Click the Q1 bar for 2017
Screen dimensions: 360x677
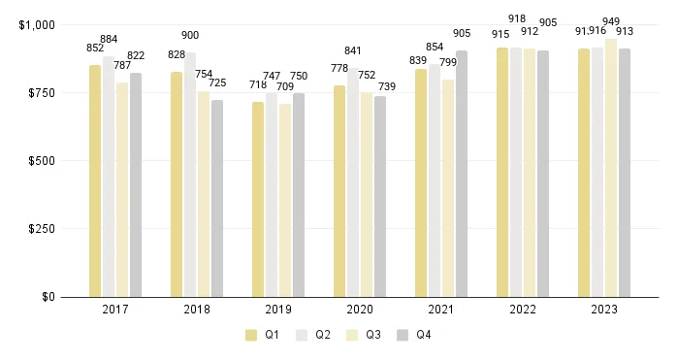pyautogui.click(x=95, y=180)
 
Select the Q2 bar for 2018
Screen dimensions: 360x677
pyautogui.click(x=190, y=175)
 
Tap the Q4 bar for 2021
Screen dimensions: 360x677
pyautogui.click(x=462, y=174)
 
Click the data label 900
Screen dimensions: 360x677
pyautogui.click(x=190, y=35)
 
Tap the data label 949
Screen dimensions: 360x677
pyautogui.click(x=611, y=21)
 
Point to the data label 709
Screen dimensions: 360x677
pyautogui.click(x=285, y=87)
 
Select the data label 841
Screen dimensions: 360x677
pyautogui.click(x=353, y=51)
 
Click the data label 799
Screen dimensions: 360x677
pyautogui.click(x=448, y=63)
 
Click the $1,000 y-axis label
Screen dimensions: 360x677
pyautogui.click(x=37, y=24)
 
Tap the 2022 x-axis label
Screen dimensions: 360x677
pyautogui.click(x=523, y=310)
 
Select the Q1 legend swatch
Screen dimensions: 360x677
pyautogui.click(x=251, y=335)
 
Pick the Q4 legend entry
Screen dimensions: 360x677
pyautogui.click(x=415, y=335)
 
